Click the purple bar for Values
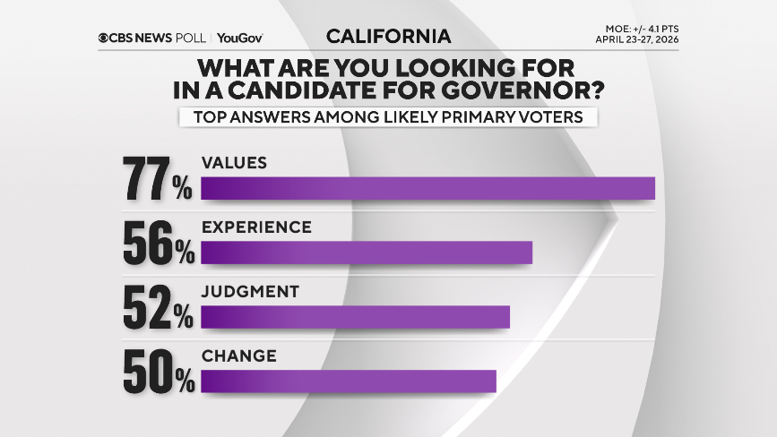428,188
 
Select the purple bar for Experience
367,253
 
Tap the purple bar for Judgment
355,317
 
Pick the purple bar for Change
349,381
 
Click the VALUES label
235,163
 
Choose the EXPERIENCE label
256,227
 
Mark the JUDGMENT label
249,292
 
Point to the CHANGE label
238,356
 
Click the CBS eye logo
106,38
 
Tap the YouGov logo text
241,38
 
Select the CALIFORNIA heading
388,37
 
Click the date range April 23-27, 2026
637,39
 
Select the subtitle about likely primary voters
387,117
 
